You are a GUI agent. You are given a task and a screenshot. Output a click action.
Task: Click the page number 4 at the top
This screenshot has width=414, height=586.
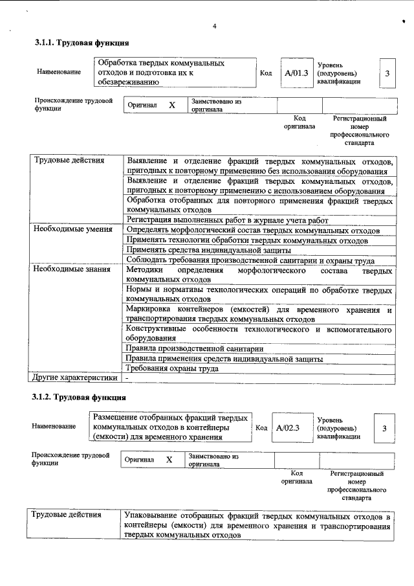point(214,26)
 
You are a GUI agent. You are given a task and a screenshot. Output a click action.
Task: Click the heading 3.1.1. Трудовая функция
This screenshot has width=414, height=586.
point(82,43)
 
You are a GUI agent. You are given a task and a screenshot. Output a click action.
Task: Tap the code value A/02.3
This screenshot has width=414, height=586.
point(287,428)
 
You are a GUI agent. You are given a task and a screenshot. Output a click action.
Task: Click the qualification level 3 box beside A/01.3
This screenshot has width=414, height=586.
point(387,73)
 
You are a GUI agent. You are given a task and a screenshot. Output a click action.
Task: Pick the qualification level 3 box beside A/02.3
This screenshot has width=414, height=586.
point(384,428)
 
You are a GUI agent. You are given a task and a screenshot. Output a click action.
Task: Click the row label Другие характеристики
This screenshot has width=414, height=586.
point(75,378)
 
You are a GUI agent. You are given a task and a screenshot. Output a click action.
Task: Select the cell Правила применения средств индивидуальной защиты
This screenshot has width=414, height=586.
point(224,358)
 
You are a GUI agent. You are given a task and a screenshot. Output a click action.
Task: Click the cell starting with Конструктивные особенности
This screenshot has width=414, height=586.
point(259,333)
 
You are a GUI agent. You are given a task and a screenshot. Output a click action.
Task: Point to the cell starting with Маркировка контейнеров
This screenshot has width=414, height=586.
point(259,314)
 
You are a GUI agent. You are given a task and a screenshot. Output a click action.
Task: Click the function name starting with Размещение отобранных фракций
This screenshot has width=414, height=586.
point(170,427)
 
